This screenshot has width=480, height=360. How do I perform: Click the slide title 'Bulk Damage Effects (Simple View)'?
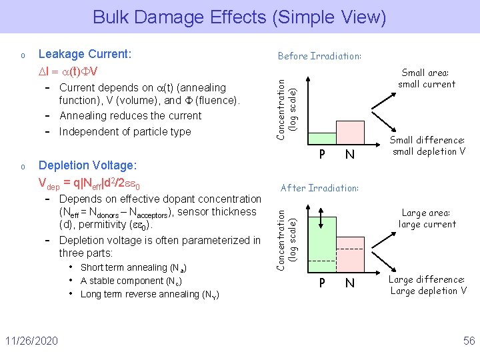tap(239, 16)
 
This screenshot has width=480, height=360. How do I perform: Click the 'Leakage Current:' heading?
tap(85, 53)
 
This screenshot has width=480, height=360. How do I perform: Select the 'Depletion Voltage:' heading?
tap(88, 165)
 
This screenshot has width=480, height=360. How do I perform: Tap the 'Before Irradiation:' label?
tap(319, 56)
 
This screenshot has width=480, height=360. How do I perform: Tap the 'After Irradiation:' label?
tap(319, 188)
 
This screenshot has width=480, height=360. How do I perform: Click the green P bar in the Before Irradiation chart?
tap(323, 138)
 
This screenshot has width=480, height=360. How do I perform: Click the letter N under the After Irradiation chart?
tap(348, 283)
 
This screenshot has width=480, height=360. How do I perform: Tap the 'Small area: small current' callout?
tap(427, 79)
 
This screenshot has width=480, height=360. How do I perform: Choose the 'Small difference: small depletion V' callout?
tap(427, 145)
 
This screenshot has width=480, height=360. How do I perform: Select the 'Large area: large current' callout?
tap(427, 219)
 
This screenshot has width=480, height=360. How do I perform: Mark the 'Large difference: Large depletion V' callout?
tap(428, 285)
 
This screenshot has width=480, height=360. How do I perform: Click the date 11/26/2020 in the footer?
tap(33, 341)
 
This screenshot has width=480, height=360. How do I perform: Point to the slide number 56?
tap(469, 341)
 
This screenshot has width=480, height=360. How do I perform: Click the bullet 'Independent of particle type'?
tap(125, 131)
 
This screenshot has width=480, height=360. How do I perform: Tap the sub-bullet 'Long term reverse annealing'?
tap(149, 294)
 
